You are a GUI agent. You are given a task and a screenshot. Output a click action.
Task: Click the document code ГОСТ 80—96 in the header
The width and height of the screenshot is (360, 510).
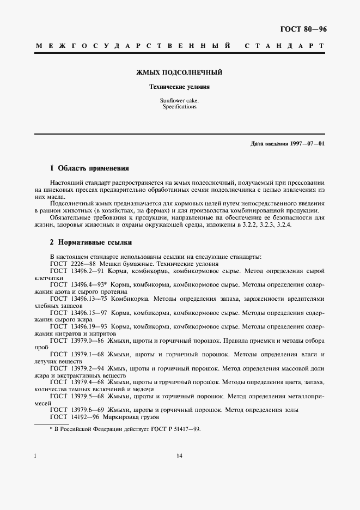click(x=304, y=29)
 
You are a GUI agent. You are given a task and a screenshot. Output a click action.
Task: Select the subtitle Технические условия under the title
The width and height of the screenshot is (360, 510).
click(x=179, y=87)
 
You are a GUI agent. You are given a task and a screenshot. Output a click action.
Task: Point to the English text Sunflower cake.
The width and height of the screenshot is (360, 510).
click(x=179, y=101)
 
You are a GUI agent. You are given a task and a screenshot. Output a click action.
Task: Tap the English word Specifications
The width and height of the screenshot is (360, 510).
click(x=179, y=107)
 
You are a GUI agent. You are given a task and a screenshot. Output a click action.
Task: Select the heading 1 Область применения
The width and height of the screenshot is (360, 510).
click(x=89, y=168)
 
